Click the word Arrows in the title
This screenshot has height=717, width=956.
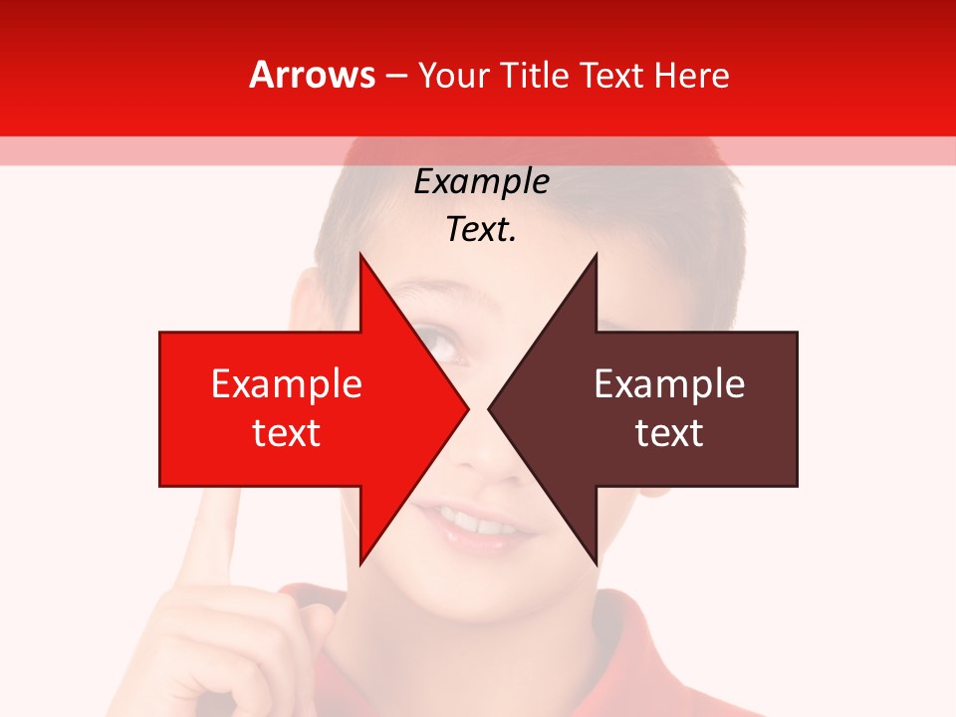tap(312, 75)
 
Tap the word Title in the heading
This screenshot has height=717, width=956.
tap(539, 75)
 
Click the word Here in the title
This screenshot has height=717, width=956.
tap(691, 75)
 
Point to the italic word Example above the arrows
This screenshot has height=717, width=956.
tap(481, 182)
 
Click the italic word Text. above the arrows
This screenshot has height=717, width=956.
tap(481, 230)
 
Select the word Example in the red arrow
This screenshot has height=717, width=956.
tap(286, 384)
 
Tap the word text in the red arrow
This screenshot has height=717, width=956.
tap(286, 433)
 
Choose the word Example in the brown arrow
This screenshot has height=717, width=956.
tap(669, 384)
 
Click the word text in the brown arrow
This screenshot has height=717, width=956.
tap(669, 433)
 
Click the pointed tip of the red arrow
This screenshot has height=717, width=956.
tap(467, 408)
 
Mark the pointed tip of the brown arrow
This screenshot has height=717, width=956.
tap(490, 408)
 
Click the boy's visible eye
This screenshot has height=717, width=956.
tap(443, 348)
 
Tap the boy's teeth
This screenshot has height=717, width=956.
tap(474, 520)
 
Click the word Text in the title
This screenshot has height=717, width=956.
tap(611, 75)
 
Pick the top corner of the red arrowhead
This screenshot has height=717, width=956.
tap(360, 255)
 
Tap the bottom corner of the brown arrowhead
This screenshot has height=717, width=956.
tap(596, 563)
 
